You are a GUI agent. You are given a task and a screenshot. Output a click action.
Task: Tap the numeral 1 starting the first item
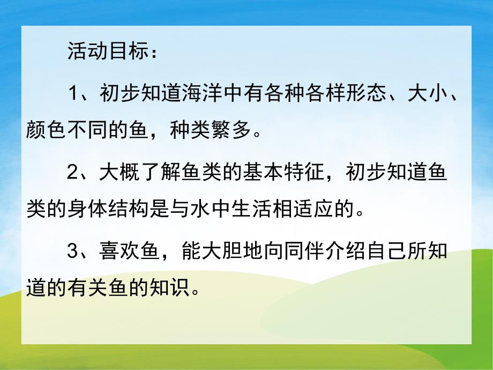coord(73,94)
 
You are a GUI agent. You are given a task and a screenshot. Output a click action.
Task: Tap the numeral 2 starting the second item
coord(73,174)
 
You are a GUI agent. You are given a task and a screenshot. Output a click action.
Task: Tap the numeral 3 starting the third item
coord(73,254)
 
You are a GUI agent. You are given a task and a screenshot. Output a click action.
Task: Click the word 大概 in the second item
coord(116,174)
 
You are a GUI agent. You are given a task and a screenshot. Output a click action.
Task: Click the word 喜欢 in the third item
coord(116,254)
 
